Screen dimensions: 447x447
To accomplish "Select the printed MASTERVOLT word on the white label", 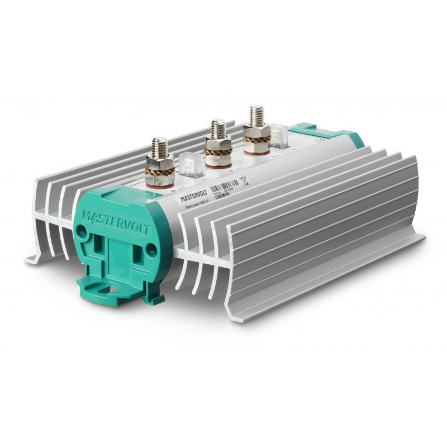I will [x=193, y=196].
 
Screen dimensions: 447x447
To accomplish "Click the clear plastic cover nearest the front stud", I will [x=191, y=161].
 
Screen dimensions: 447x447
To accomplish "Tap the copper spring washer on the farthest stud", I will [x=256, y=130].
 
